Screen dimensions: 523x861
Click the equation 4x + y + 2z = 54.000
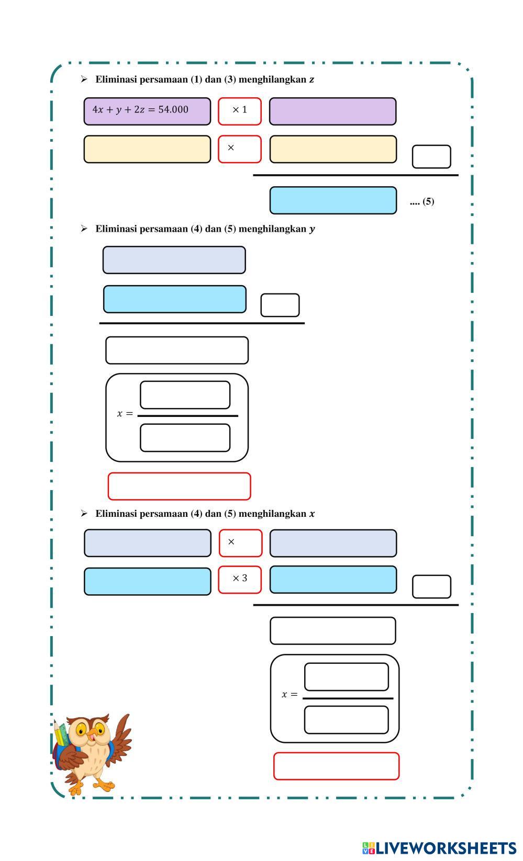(140, 109)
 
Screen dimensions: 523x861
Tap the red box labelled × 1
(240, 111)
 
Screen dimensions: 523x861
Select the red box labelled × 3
(240, 580)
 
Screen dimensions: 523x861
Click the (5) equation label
(428, 201)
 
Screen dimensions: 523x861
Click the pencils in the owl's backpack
(60, 733)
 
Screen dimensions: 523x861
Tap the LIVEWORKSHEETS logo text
(446, 848)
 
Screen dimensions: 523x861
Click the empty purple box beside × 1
(332, 111)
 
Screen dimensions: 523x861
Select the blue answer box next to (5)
(333, 200)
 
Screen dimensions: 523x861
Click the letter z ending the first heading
(311, 80)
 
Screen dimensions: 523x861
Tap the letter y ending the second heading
(312, 230)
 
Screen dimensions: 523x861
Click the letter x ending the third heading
(312, 514)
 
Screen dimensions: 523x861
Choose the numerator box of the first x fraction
(185, 395)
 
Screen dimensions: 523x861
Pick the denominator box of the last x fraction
(346, 720)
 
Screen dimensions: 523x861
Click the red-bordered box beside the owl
(337, 766)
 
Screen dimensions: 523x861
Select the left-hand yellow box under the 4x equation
(147, 149)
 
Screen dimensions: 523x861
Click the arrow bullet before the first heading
(84, 79)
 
